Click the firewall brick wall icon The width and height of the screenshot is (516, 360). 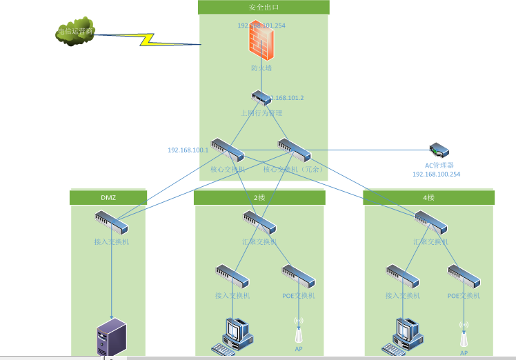click(261, 45)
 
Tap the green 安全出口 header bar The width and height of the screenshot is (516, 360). click(264, 7)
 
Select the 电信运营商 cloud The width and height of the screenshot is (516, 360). click(75, 31)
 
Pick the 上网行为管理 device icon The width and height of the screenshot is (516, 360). click(261, 98)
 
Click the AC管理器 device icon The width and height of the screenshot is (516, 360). click(439, 150)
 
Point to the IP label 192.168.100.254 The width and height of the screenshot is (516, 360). click(436, 174)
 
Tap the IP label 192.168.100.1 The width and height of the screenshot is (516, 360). click(188, 150)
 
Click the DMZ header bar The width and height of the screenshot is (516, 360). click(108, 197)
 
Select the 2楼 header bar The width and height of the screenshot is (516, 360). click(259, 197)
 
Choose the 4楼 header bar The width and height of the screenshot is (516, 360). click(428, 197)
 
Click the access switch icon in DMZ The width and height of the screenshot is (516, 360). click(111, 222)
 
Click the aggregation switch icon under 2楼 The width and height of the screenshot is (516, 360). click(259, 222)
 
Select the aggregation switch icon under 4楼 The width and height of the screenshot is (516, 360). click(430, 222)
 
